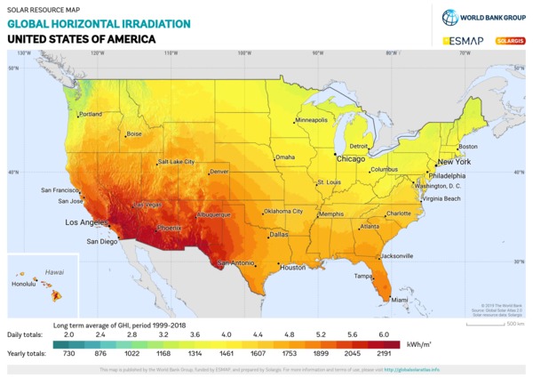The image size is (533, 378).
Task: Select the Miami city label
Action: coord(387,300)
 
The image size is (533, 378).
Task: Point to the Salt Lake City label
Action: coord(176,162)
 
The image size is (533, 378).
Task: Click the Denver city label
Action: coord(219,171)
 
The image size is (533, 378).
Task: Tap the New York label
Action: coord(454,163)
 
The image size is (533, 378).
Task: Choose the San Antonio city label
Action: coord(236,262)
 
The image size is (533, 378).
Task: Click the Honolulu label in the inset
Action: coord(24,284)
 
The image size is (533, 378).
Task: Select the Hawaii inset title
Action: coord(55,271)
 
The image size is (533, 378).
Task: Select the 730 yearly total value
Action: coord(68,354)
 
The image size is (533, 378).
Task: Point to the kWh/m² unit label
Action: coord(419,343)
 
